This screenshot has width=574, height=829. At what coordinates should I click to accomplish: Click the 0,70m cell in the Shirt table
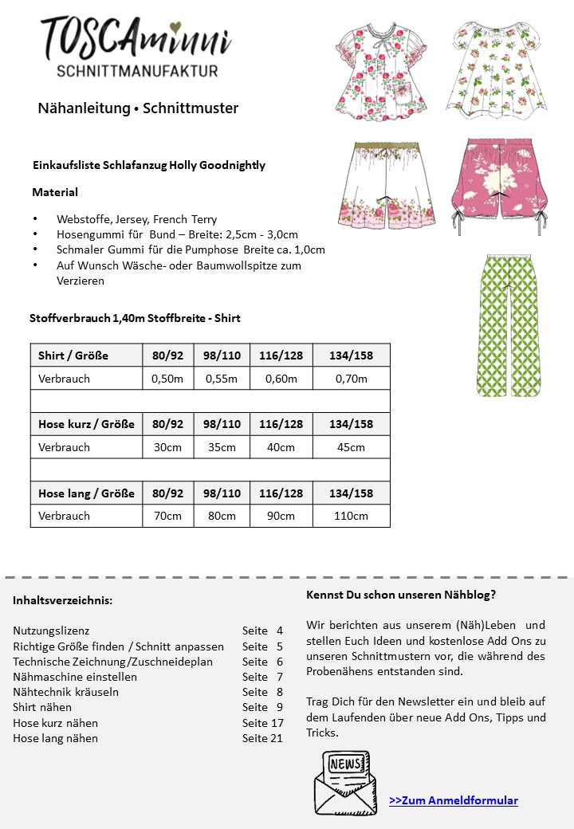click(x=351, y=379)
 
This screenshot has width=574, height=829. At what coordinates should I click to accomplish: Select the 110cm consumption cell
click(x=351, y=516)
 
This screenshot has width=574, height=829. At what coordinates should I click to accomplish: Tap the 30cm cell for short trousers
click(x=167, y=447)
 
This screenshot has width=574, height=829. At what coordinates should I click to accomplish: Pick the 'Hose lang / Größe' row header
click(x=86, y=493)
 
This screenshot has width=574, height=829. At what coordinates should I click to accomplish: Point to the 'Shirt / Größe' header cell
click(x=73, y=356)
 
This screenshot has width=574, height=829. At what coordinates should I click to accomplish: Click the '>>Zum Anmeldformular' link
click(x=453, y=800)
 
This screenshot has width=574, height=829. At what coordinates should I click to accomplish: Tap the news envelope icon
click(x=342, y=781)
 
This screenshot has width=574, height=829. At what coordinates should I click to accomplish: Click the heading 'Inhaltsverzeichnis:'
click(x=63, y=600)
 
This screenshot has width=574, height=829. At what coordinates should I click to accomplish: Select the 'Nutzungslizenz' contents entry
click(x=51, y=631)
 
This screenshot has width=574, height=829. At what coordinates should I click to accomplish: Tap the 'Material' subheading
click(x=55, y=192)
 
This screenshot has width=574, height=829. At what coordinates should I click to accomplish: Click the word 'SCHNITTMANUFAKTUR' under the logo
click(x=137, y=71)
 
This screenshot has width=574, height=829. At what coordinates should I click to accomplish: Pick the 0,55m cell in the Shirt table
click(x=222, y=379)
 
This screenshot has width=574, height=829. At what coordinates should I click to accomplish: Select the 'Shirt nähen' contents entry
click(x=42, y=707)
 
